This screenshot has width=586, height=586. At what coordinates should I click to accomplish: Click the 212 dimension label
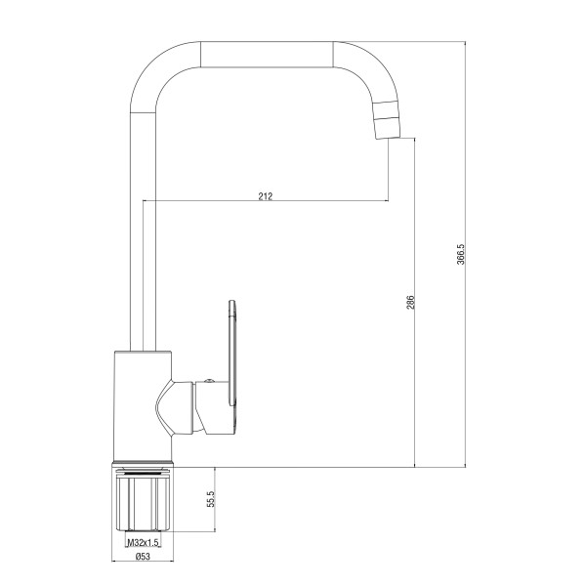point(266,196)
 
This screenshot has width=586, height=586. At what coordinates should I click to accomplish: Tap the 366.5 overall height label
point(460,254)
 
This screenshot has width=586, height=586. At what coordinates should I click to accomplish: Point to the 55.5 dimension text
point(211,499)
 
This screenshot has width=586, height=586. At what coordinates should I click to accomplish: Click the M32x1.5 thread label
point(144,542)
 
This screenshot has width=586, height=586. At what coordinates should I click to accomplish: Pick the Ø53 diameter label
point(144,557)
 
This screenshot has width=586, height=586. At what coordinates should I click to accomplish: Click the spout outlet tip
point(389,138)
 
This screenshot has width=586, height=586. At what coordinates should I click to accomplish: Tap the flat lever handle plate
point(232,354)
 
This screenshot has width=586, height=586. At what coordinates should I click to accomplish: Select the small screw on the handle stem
point(209,381)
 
